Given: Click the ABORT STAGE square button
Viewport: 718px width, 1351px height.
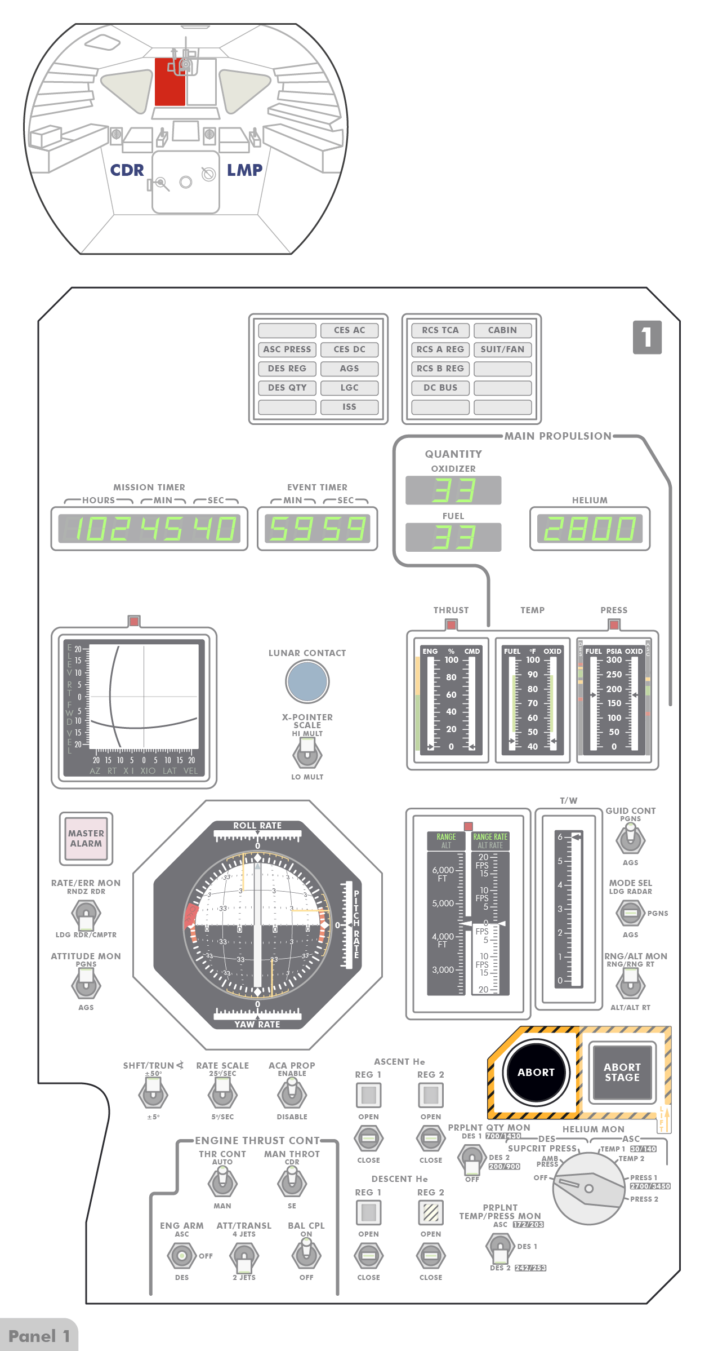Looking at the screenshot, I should pyautogui.click(x=622, y=1072).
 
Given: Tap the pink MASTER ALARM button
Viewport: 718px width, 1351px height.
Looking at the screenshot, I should pyautogui.click(x=86, y=838).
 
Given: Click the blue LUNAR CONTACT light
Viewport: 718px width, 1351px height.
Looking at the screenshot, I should pyautogui.click(x=307, y=681).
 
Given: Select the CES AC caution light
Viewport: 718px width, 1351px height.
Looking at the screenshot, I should pyautogui.click(x=349, y=330).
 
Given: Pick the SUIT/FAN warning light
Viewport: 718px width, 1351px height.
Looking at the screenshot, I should pyautogui.click(x=502, y=349).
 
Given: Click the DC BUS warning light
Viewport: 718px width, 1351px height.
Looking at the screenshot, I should pyautogui.click(x=440, y=388).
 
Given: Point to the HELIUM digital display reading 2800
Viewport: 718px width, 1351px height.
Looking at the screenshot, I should pyautogui.click(x=590, y=529).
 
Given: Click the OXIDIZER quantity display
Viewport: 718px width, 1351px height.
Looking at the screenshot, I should pyautogui.click(x=453, y=490).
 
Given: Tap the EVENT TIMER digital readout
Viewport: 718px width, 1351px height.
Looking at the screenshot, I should pyautogui.click(x=318, y=529).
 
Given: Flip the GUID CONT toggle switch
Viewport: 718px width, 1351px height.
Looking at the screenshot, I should pyautogui.click(x=630, y=839).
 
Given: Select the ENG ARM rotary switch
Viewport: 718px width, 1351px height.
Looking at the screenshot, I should pyautogui.click(x=181, y=1256).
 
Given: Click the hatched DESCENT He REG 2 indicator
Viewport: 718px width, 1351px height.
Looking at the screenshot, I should pyautogui.click(x=431, y=1212).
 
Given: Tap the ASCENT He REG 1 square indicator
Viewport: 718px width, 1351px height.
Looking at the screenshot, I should pyautogui.click(x=368, y=1095).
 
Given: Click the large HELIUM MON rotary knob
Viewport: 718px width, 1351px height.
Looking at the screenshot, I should pyautogui.click(x=588, y=1188).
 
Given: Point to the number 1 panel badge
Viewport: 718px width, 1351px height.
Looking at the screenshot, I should pyautogui.click(x=647, y=337).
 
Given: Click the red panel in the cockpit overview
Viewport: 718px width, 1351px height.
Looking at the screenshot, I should pyautogui.click(x=170, y=82).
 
